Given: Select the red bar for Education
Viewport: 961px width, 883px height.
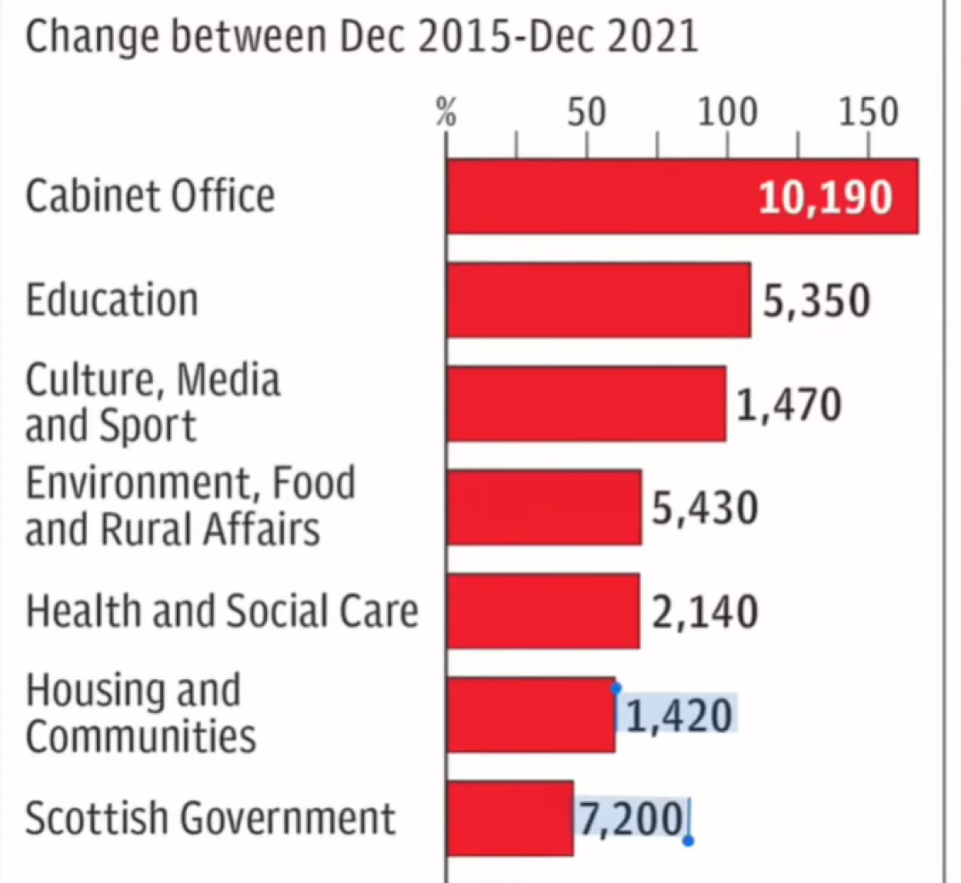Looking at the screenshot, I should [598, 300].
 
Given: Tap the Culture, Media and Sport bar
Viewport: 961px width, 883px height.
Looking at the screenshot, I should [585, 404].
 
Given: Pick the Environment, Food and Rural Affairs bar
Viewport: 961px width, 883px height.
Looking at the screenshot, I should [544, 507].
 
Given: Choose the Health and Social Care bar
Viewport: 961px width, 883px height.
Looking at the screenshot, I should [543, 611].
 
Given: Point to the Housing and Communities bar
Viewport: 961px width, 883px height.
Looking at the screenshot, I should [530, 715].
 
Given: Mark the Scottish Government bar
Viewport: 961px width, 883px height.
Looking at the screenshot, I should [510, 818].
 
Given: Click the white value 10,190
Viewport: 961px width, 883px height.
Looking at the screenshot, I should [825, 197].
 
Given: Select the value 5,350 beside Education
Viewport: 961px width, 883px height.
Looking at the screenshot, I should [816, 301].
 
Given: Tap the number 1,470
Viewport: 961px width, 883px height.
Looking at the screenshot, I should [788, 405].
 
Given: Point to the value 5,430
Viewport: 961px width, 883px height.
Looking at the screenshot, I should [705, 509].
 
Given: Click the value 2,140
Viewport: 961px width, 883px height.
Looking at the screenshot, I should [705, 612].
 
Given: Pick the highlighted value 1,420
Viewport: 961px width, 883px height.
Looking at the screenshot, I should [679, 716].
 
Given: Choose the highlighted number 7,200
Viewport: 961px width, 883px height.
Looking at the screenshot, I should [633, 819].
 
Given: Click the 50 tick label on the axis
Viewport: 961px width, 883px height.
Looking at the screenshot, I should [586, 113].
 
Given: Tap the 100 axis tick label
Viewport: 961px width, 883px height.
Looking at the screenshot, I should [727, 113].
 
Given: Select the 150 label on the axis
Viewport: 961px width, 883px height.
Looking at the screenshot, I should [868, 113].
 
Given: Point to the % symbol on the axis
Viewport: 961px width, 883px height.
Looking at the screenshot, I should [447, 115].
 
